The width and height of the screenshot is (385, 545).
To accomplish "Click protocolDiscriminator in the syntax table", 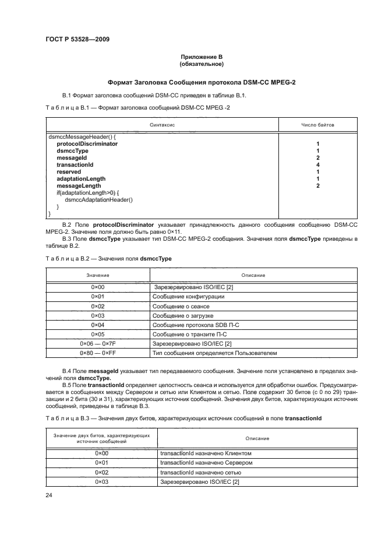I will [x=87, y=143].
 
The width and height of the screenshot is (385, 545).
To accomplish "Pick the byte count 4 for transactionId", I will [x=317, y=165].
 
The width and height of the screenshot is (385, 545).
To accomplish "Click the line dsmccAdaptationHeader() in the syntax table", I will [x=99, y=200].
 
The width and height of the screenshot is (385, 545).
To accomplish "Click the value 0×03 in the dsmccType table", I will [x=97, y=315].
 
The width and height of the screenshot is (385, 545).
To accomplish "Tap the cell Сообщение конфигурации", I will [x=188, y=297].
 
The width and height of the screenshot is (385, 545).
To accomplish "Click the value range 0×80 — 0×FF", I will [x=97, y=353].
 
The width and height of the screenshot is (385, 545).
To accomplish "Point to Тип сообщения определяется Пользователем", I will [x=215, y=353].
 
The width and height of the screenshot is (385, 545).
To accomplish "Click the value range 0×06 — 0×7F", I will [x=97, y=343].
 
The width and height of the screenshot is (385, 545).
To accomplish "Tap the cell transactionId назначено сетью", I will [x=200, y=472].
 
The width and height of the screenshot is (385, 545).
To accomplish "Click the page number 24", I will [x=49, y=495].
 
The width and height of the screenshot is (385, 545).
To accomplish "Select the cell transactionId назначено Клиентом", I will [x=205, y=453].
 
